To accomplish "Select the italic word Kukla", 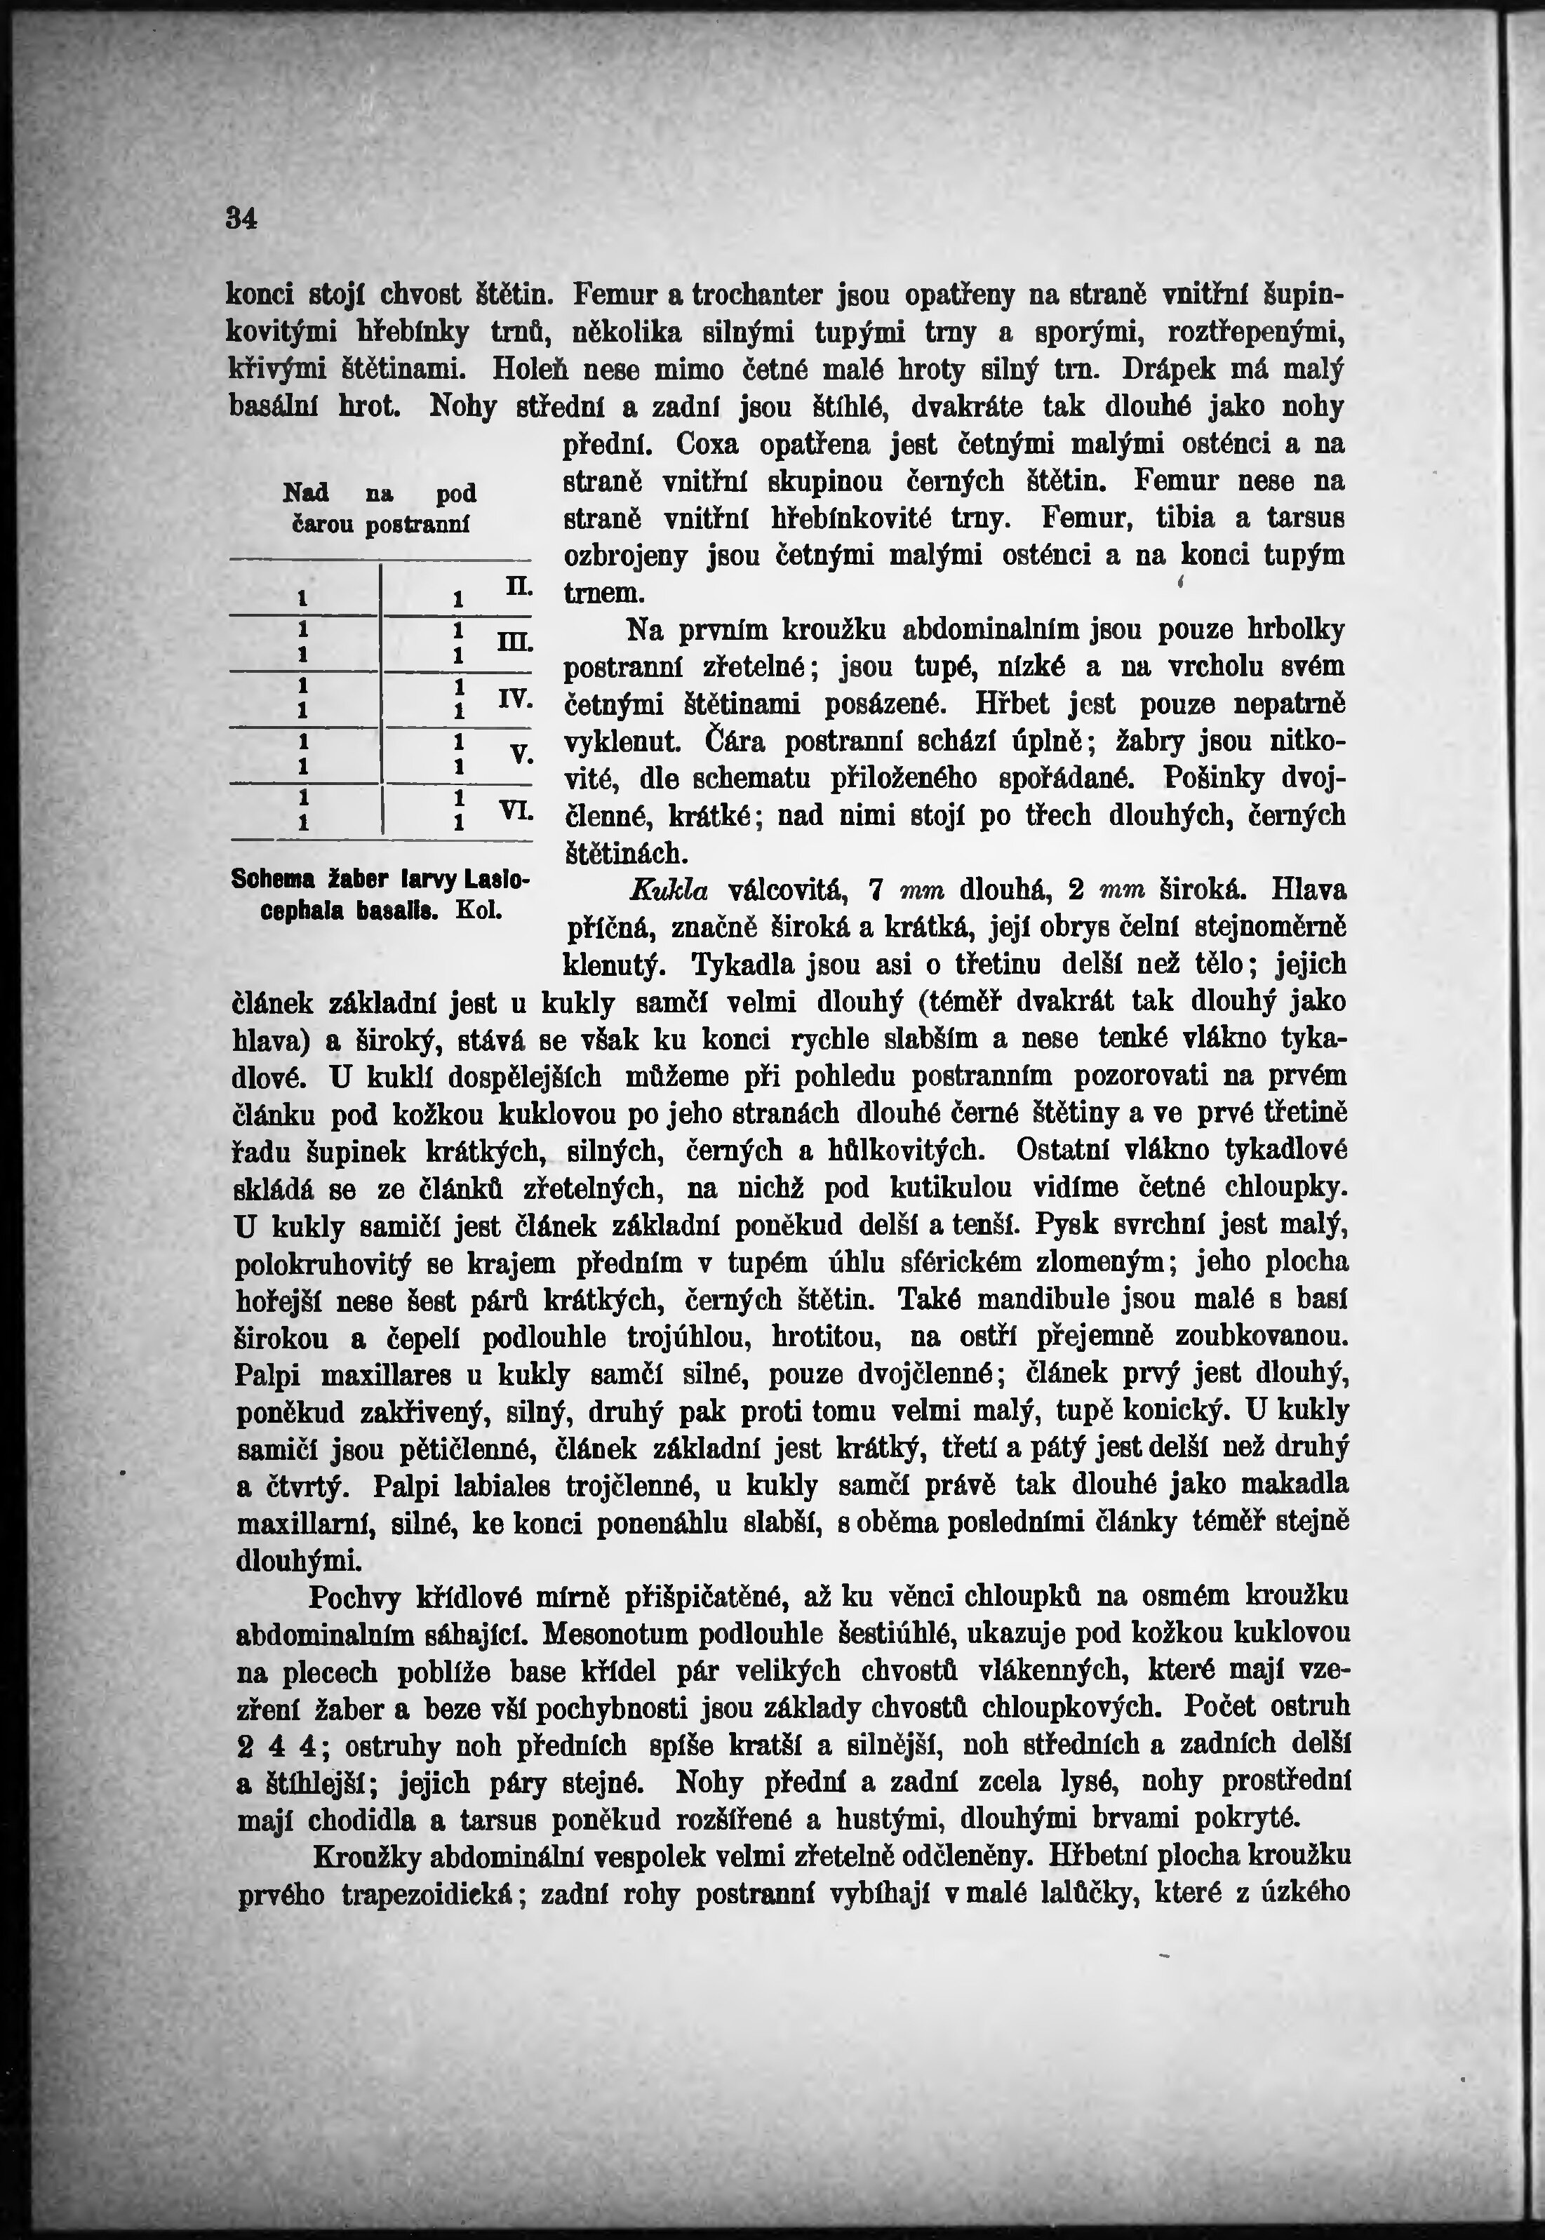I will (x=669, y=890).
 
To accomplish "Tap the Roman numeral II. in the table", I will (x=516, y=586).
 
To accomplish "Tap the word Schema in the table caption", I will (x=275, y=879).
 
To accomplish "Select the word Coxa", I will (x=711, y=445).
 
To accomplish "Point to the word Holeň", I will (x=528, y=369).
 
